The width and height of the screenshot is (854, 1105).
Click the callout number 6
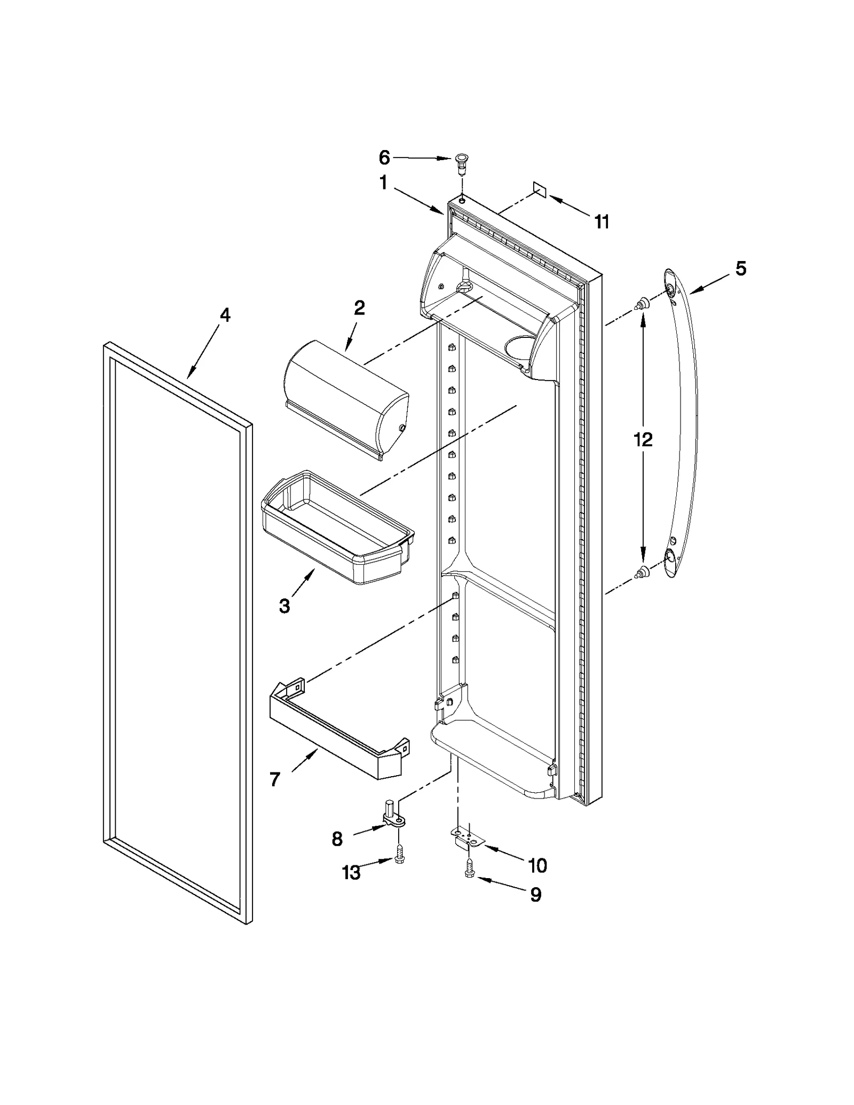pos(384,157)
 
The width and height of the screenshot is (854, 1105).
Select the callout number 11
pos(602,222)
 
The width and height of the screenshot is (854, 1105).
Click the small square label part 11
pos(539,188)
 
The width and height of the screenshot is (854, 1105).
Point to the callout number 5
pos(741,269)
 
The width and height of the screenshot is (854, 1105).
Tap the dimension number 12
pos(643,440)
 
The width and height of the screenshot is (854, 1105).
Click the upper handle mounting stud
pos(643,304)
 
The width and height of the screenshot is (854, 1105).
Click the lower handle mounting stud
pos(643,572)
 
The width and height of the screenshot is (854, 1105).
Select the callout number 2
pos(359,308)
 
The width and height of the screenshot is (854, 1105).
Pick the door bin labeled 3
pos(336,528)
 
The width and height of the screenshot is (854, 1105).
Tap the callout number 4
pos(225,315)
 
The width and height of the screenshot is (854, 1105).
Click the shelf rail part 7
pos(336,734)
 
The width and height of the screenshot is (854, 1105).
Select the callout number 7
pos(275,780)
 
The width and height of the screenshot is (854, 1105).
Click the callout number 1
pos(383,183)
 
